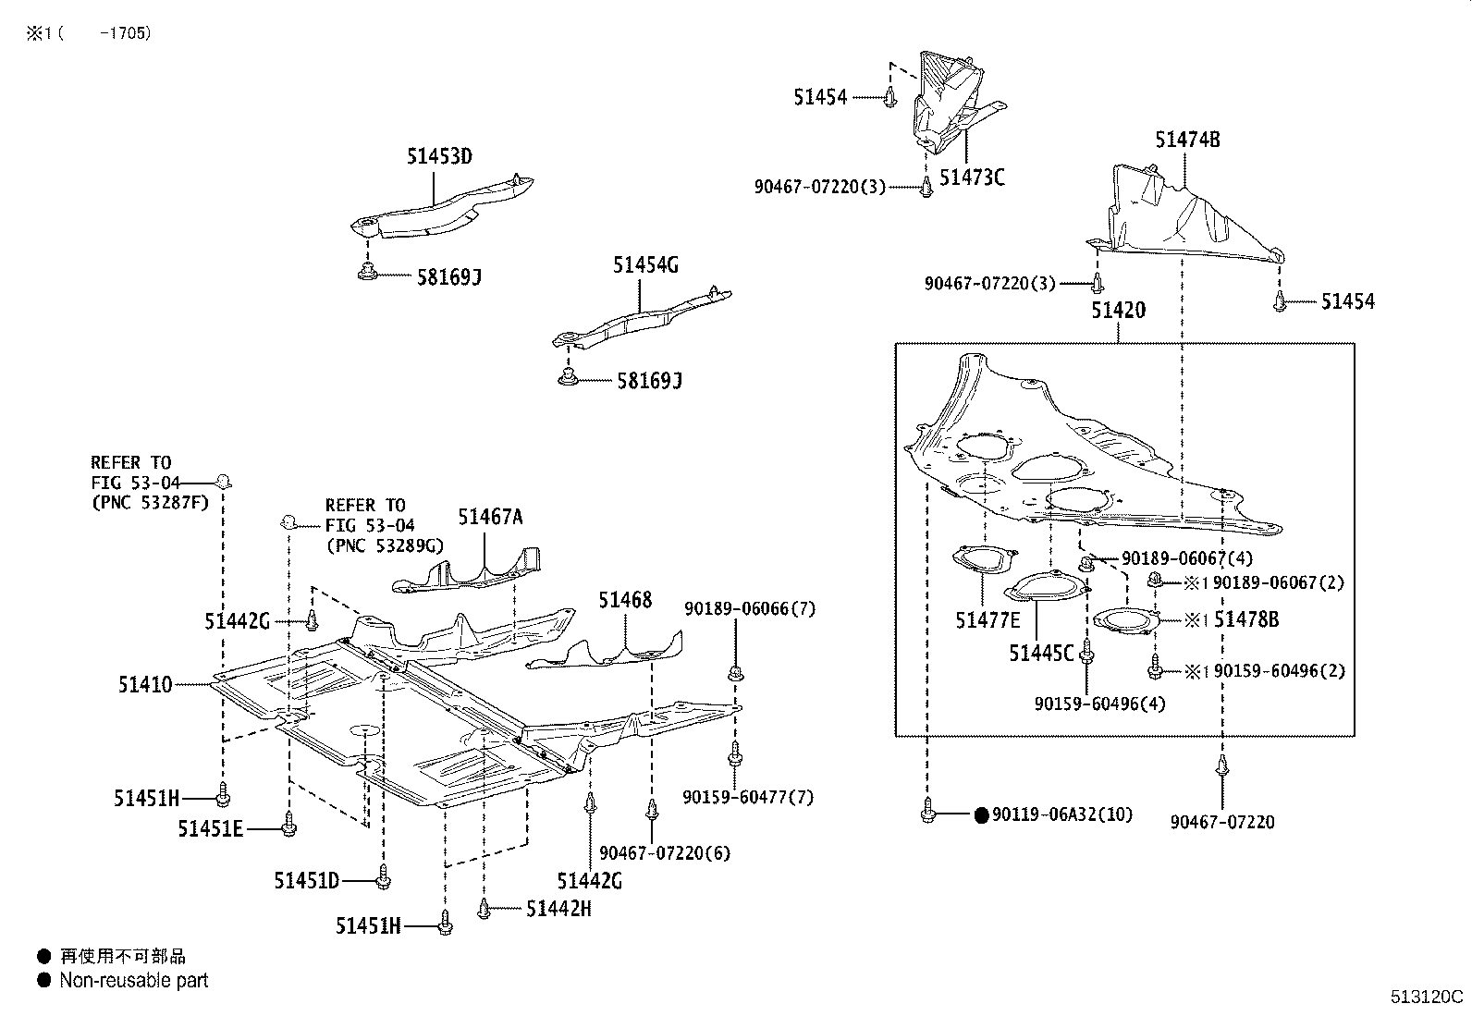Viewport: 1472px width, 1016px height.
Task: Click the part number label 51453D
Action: click(x=438, y=156)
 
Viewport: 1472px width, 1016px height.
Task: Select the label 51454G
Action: click(x=644, y=265)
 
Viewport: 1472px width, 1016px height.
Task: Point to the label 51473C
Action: click(x=971, y=177)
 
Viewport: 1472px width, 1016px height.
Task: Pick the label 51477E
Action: click(x=987, y=619)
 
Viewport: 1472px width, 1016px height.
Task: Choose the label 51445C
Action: click(x=1041, y=654)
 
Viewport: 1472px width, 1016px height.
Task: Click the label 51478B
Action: click(x=1245, y=619)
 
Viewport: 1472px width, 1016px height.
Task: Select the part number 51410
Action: click(x=144, y=685)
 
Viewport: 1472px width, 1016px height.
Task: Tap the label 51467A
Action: click(x=490, y=517)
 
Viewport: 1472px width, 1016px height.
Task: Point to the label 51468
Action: click(x=624, y=600)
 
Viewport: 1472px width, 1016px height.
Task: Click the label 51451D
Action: click(x=306, y=881)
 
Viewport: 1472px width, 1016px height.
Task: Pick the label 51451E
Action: click(x=210, y=829)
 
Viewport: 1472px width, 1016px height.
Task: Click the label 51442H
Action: click(x=558, y=909)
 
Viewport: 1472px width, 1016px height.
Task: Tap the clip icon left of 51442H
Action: click(x=484, y=910)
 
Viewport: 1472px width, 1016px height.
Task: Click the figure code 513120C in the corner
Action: click(x=1427, y=998)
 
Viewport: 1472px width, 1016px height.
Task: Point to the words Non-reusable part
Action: click(x=134, y=980)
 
